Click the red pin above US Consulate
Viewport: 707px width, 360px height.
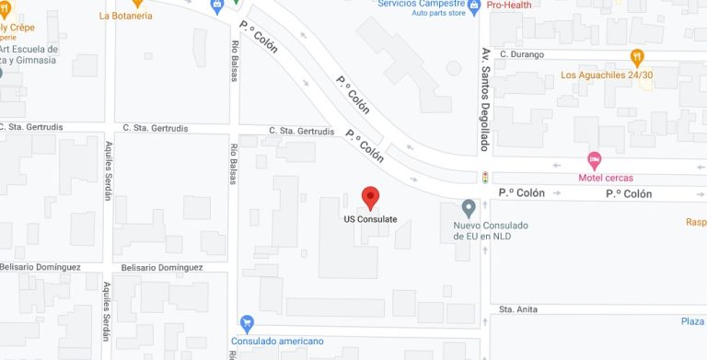pos(370,197)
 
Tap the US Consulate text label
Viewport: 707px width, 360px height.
pos(370,219)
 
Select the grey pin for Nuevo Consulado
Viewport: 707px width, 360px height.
pos(469,207)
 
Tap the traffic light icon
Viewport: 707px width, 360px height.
pos(484,177)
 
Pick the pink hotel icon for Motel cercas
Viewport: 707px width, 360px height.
pos(594,159)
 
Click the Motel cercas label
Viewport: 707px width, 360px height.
pos(605,178)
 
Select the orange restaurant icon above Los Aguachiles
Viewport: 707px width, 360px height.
pos(636,57)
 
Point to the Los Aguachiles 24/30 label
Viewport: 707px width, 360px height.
pos(607,75)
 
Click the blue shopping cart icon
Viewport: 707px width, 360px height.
pos(246,323)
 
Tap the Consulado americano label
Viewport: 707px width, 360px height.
pos(277,342)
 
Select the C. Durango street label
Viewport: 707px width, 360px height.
pos(523,54)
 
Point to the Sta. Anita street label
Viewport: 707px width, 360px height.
pos(517,309)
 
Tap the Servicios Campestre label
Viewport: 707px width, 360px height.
pos(420,4)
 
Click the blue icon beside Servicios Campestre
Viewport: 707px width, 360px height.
pos(474,7)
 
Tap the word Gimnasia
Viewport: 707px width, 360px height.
pos(41,61)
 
